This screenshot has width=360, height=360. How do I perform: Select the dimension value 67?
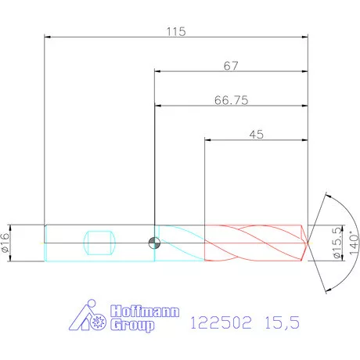coord(230,67)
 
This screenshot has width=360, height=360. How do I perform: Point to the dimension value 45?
coord(255,135)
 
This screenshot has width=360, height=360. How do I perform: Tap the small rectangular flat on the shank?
coord(99,241)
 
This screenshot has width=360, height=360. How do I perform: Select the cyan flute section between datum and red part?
coord(181,242)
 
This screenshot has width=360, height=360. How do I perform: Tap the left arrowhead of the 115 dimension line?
coord(49,37)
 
